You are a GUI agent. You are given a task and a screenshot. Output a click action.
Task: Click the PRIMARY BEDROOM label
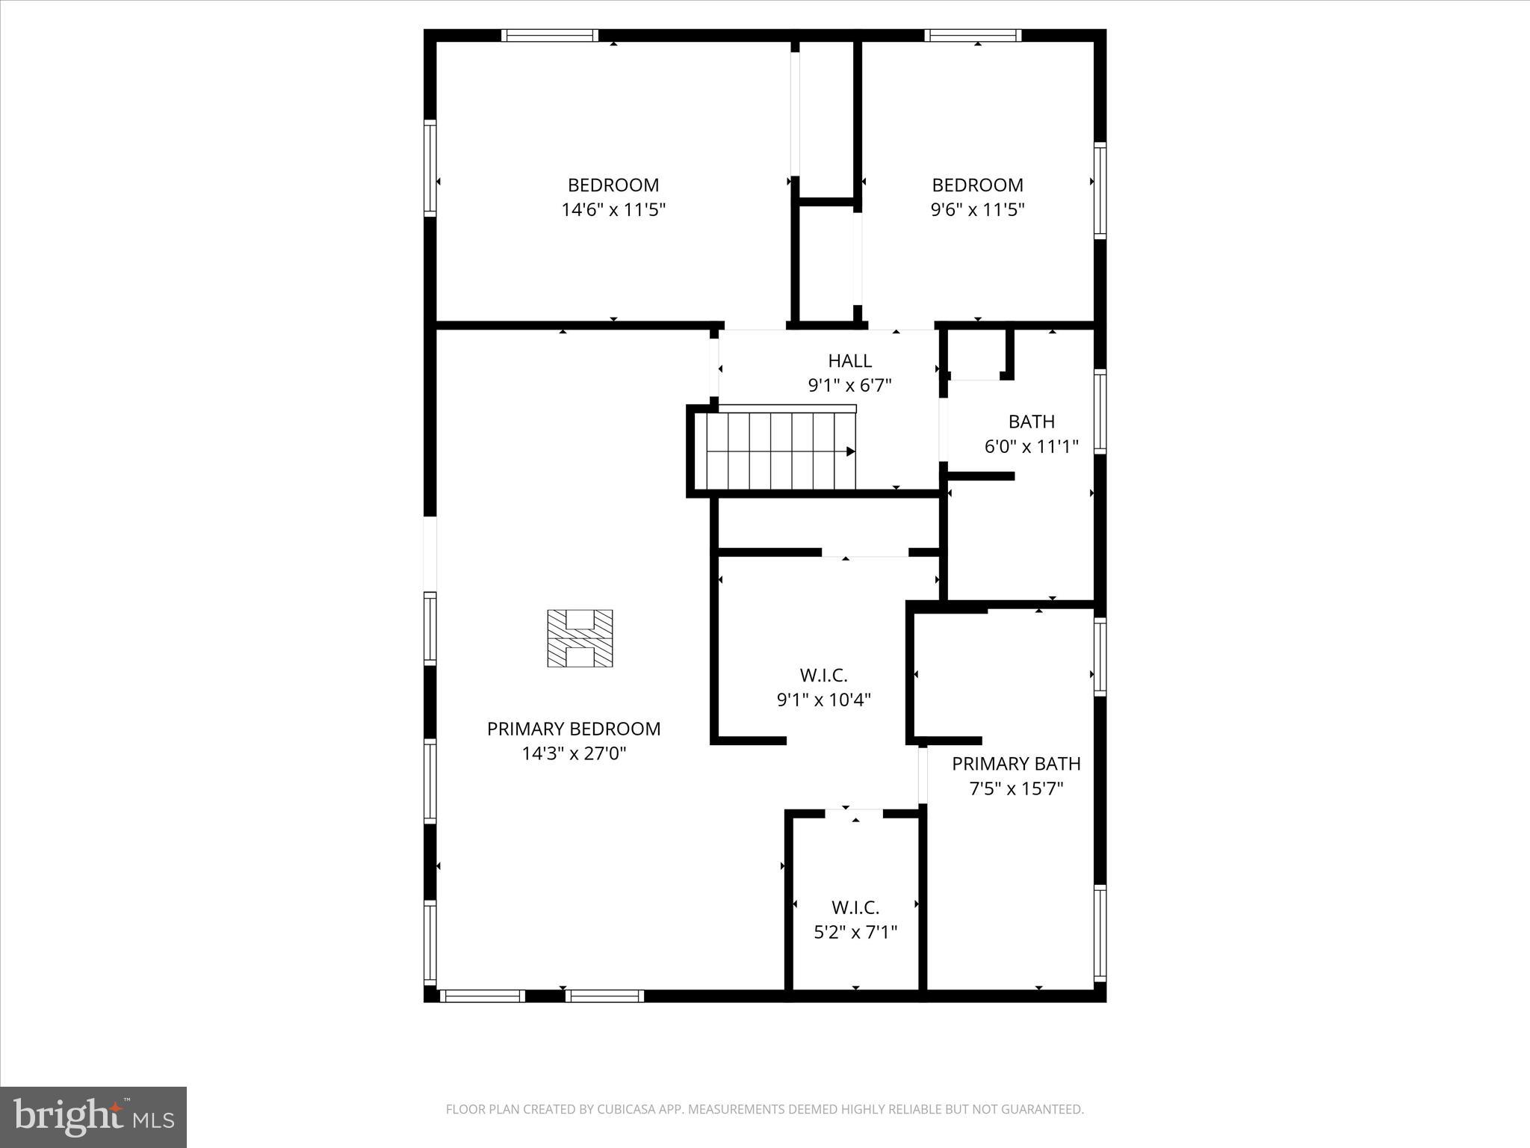pyautogui.click(x=574, y=729)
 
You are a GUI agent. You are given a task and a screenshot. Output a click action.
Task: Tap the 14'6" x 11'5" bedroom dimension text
pyautogui.click(x=613, y=210)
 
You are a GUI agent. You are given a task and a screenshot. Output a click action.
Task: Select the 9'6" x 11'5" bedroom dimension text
pyautogui.click(x=977, y=210)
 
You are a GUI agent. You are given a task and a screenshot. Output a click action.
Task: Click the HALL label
pyautogui.click(x=849, y=361)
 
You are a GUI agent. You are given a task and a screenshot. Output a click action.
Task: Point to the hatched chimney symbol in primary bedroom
pyautogui.click(x=580, y=638)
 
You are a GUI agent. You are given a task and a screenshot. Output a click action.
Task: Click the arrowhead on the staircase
pyautogui.click(x=850, y=451)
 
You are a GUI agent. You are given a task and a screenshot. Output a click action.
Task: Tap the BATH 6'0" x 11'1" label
pyautogui.click(x=1032, y=433)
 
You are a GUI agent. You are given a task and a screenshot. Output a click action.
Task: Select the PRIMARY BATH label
pyautogui.click(x=1016, y=764)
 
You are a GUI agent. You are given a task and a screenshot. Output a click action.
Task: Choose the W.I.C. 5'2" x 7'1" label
pyautogui.click(x=855, y=919)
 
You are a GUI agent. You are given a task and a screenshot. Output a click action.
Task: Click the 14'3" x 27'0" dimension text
pyautogui.click(x=574, y=753)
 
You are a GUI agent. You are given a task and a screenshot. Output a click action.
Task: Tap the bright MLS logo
pyautogui.click(x=93, y=1117)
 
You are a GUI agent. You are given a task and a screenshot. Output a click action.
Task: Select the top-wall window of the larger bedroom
pyautogui.click(x=549, y=35)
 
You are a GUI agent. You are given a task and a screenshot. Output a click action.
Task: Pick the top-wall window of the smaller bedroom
pyautogui.click(x=973, y=35)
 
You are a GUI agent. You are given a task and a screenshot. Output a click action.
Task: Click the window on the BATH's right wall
pyautogui.click(x=1100, y=411)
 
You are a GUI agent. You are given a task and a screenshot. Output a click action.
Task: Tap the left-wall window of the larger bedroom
pyautogui.click(x=430, y=168)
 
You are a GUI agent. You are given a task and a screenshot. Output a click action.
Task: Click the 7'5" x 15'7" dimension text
pyautogui.click(x=1016, y=789)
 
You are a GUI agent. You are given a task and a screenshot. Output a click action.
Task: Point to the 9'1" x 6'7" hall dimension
pyautogui.click(x=849, y=386)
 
